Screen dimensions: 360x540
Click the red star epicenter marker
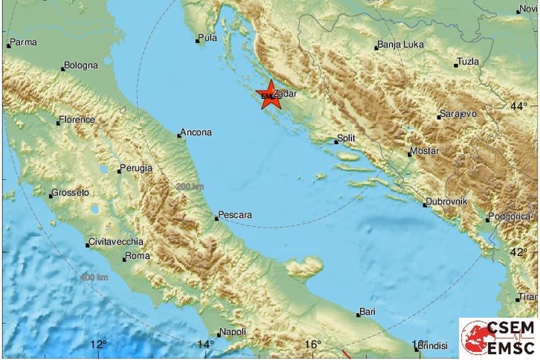point(270,94)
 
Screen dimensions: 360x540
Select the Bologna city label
point(81,66)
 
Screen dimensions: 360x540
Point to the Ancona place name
point(197,133)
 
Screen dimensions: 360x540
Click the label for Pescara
point(236,216)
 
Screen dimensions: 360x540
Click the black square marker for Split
point(336,142)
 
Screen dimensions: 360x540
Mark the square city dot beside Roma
point(125,260)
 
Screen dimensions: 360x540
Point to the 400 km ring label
point(94,278)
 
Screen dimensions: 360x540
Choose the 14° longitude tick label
point(206,345)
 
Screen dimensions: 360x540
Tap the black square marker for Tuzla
point(456,66)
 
